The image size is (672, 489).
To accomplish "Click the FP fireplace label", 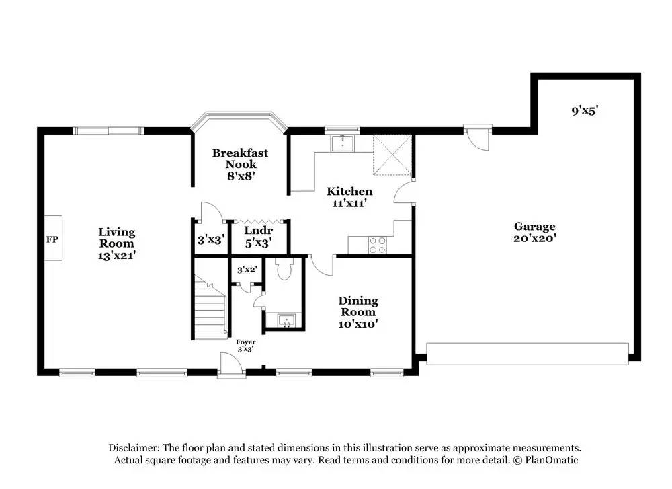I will tap(51, 239).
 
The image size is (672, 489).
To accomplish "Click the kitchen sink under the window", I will tap(343, 142).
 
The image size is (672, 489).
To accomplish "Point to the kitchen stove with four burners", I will tap(378, 246).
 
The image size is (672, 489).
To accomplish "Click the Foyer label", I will tap(245, 342).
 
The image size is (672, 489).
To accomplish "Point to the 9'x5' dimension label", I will tap(585, 110).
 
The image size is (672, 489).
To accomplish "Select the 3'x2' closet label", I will tap(247, 270).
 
